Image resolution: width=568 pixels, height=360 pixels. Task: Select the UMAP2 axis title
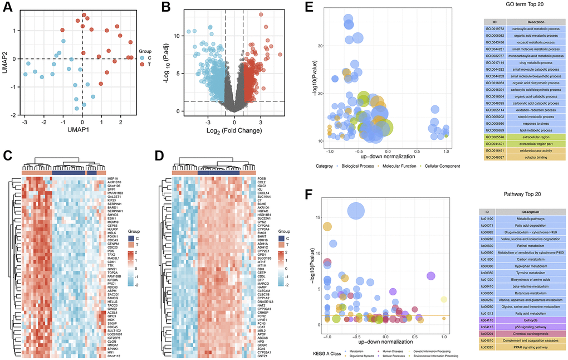coord(6,59)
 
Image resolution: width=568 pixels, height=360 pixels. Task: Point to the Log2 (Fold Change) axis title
coord(234,130)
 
